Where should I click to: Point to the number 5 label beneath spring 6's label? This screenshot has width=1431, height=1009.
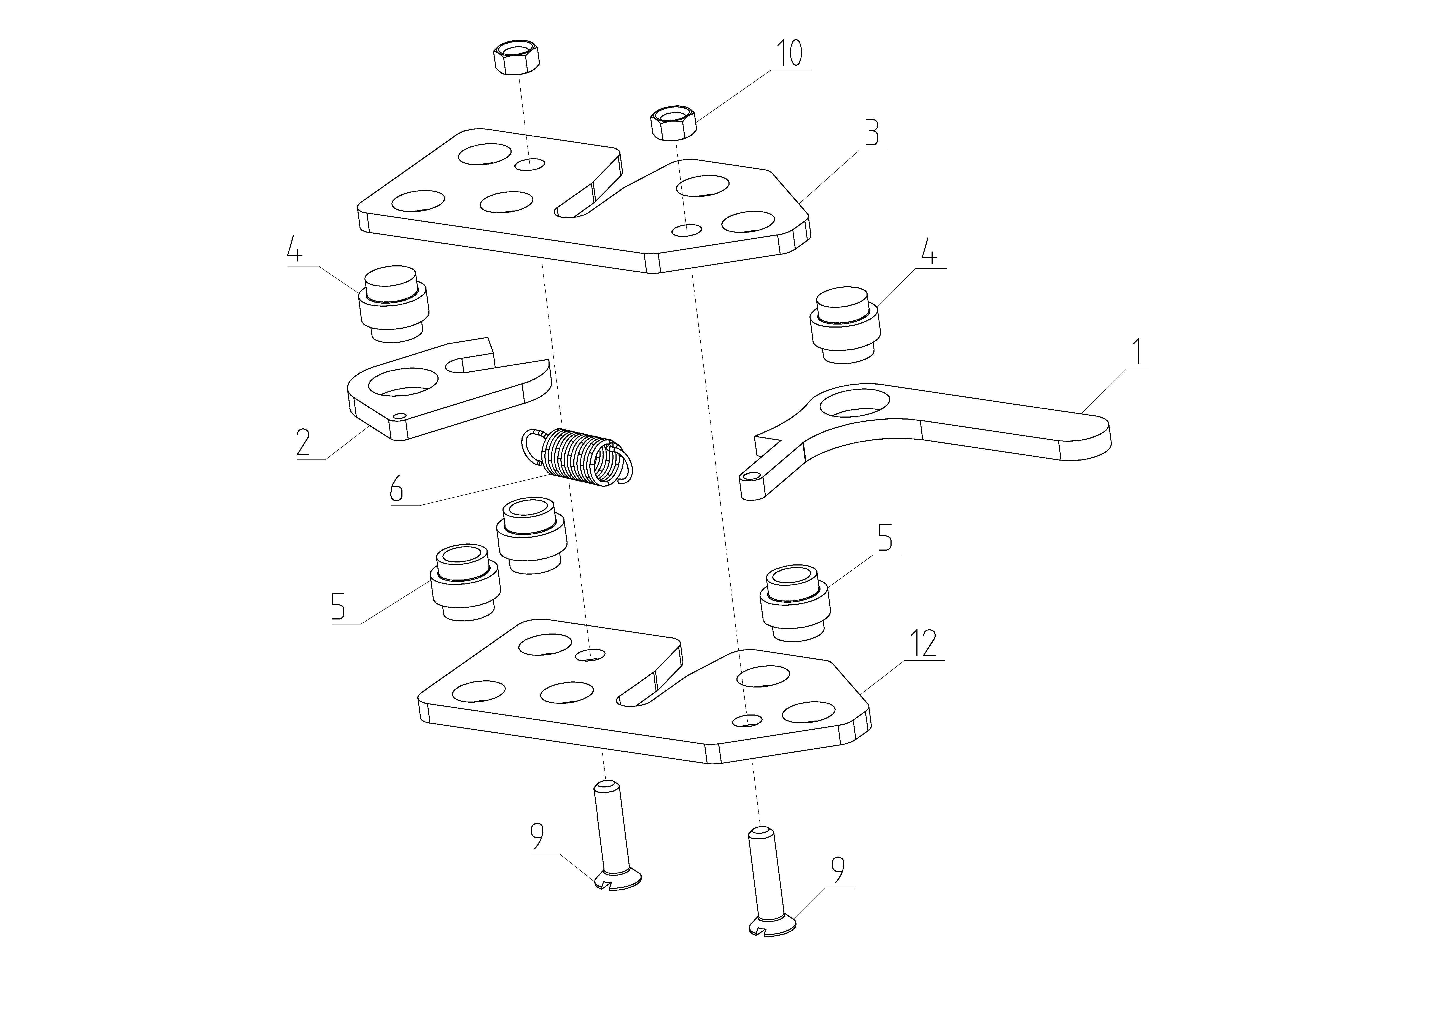338,606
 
